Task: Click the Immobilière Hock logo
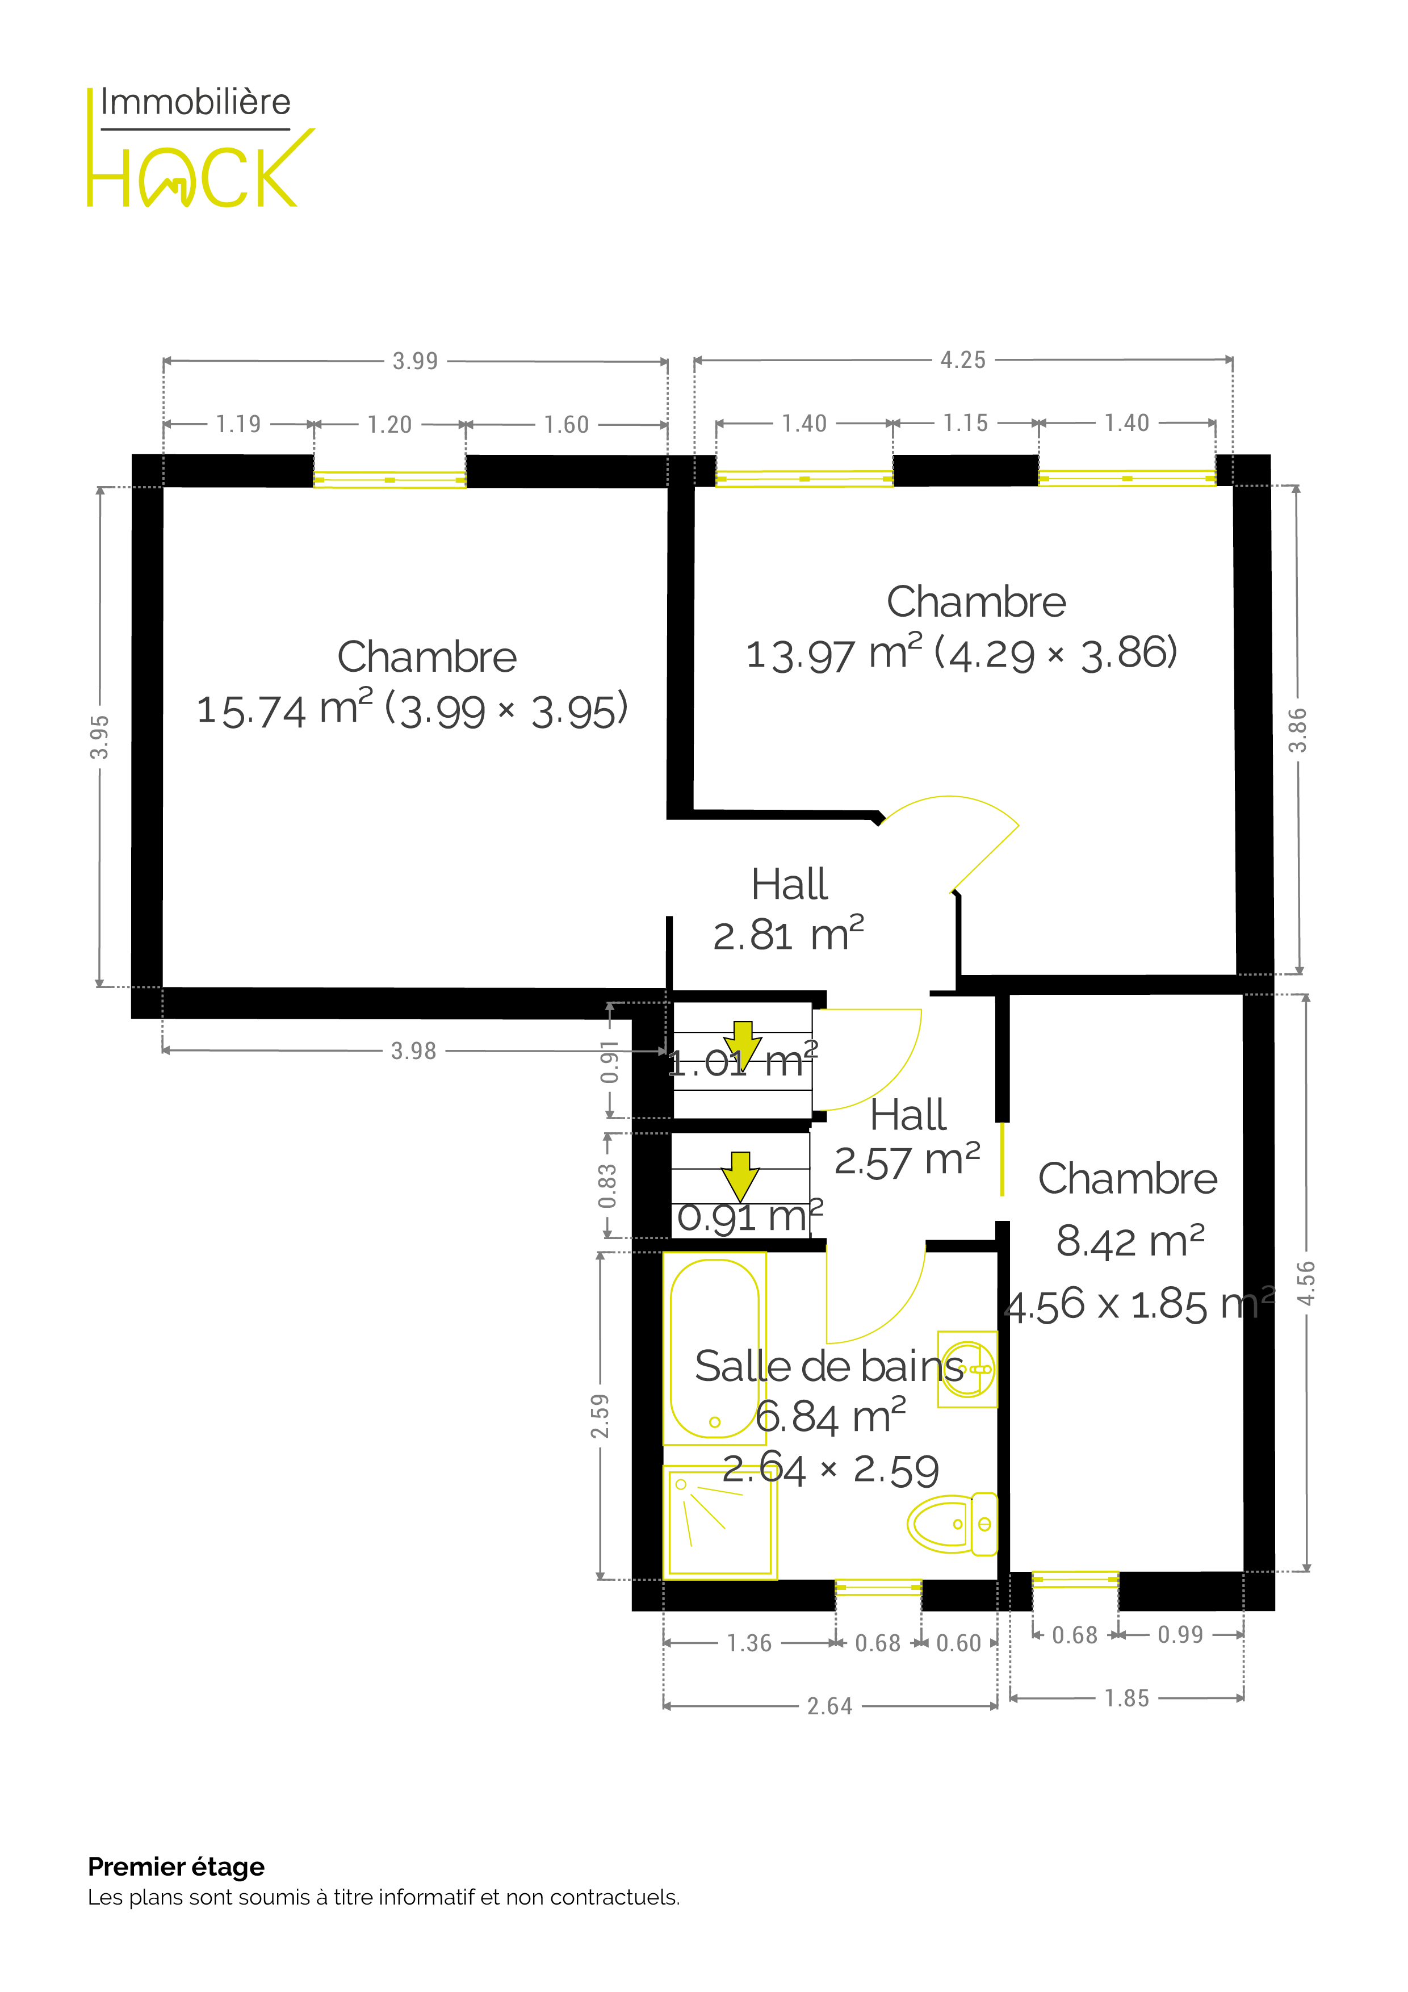tap(199, 148)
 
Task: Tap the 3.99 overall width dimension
tap(416, 361)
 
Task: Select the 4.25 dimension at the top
tap(963, 360)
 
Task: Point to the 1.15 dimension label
tap(966, 424)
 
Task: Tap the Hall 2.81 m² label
tap(789, 909)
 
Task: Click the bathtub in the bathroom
tap(715, 1348)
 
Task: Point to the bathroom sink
tap(967, 1369)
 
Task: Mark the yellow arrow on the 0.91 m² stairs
tap(740, 1177)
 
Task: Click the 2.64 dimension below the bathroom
tap(830, 1706)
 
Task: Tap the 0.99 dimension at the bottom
tap(1181, 1635)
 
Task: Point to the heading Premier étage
tap(176, 1867)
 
